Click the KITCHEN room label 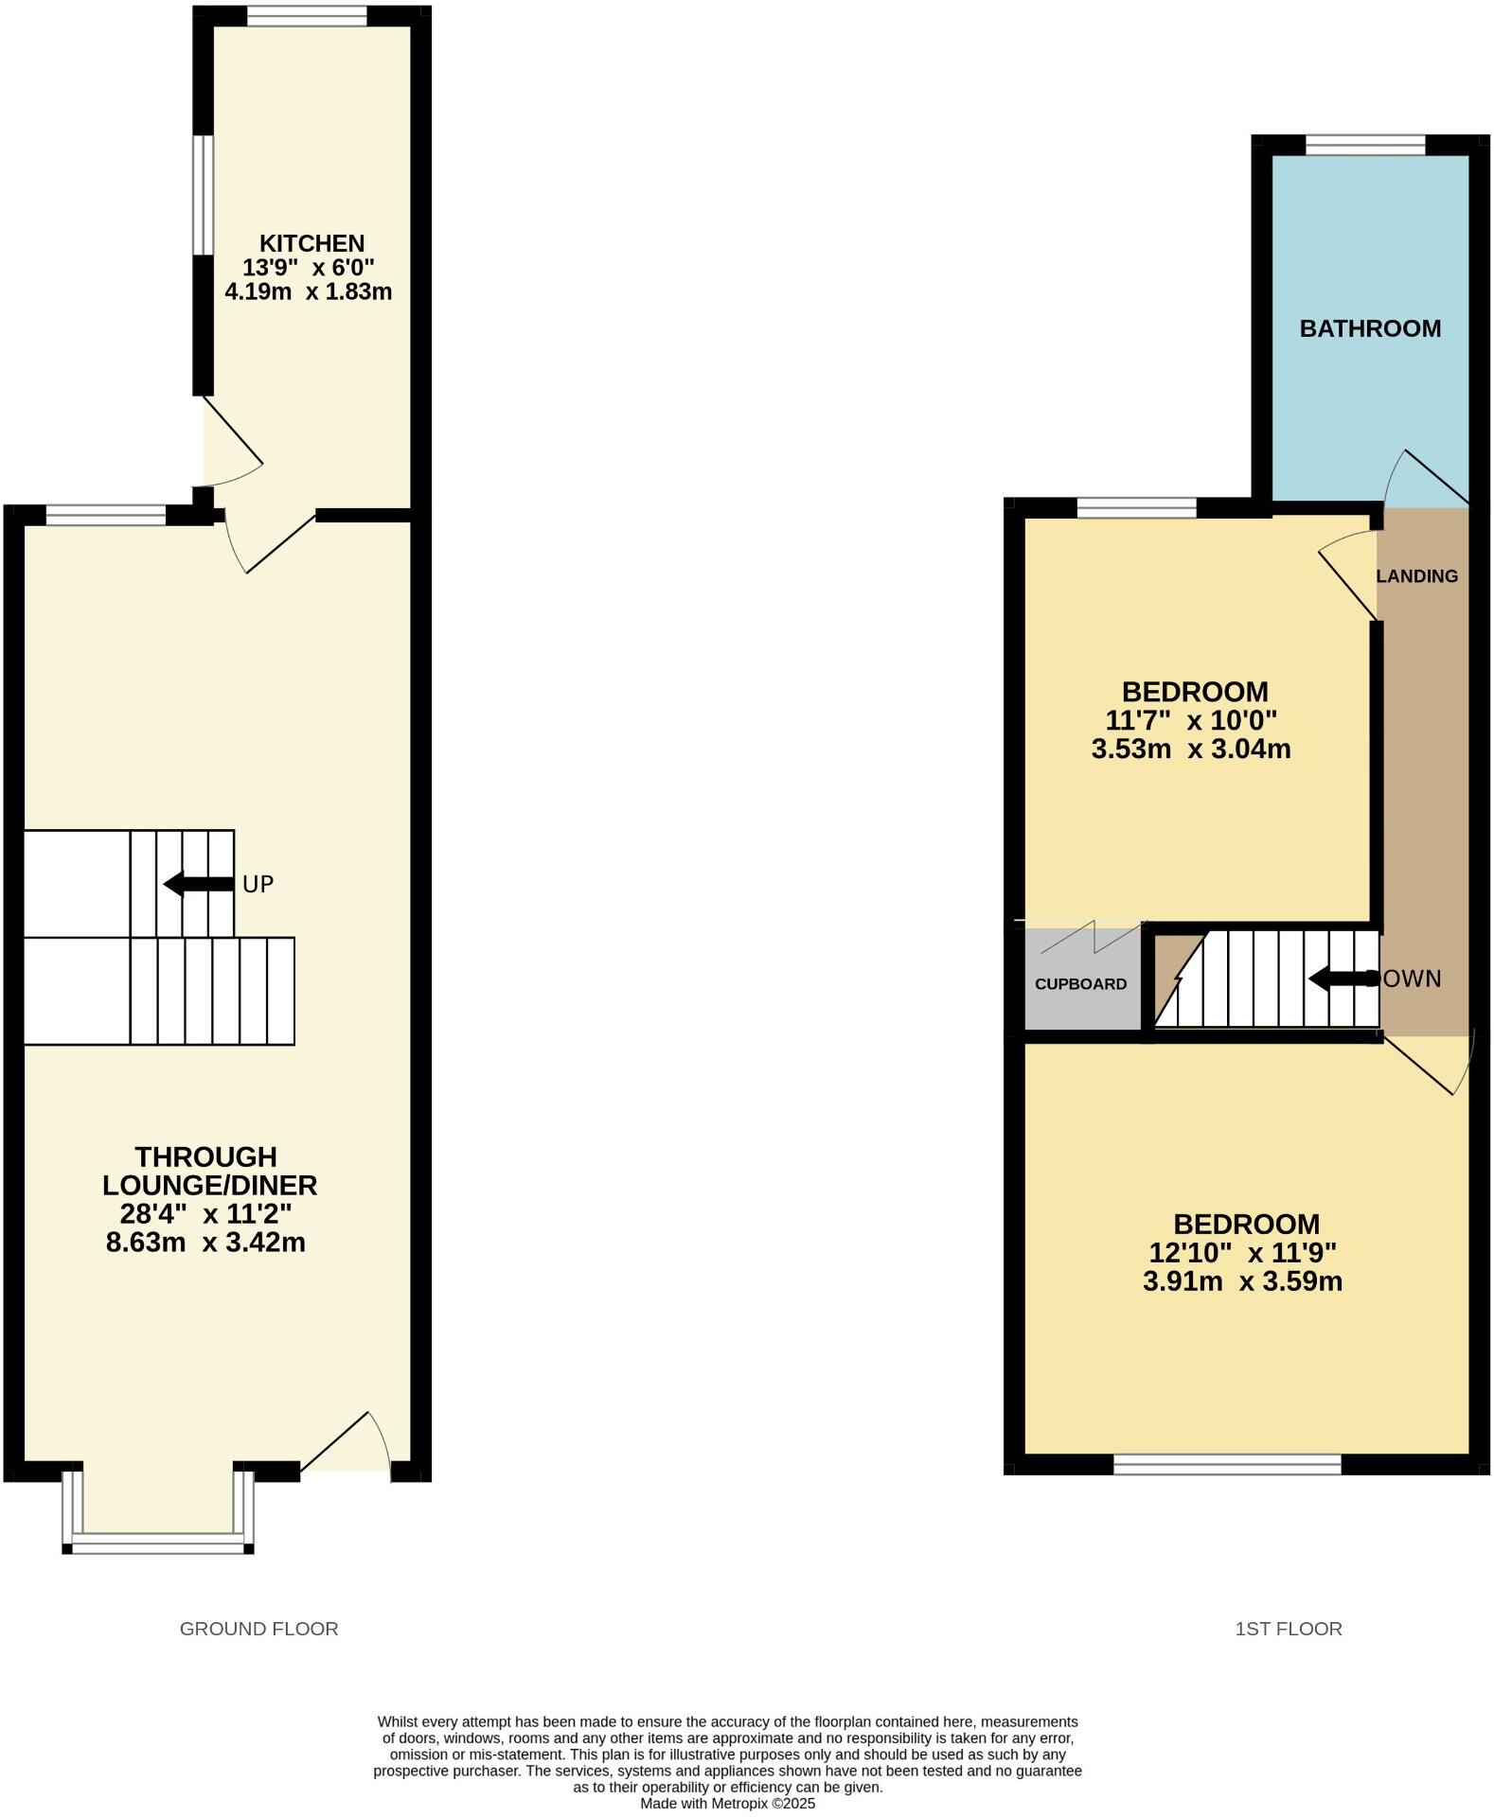pos(311,243)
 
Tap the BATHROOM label pos(1369,328)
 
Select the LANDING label pos(1416,575)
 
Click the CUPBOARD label pos(1080,984)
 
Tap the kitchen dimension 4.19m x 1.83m pos(308,291)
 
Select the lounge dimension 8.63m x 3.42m pos(205,1242)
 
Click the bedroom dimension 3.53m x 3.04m pos(1191,750)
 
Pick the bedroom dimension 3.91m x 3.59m pos(1242,1281)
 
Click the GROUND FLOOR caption pos(258,1629)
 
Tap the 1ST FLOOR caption pos(1288,1629)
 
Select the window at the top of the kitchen pos(307,15)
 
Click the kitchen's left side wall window pos(203,195)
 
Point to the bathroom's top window pos(1364,145)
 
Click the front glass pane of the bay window pos(158,1547)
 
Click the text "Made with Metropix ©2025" pos(727,1804)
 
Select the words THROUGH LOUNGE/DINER pos(209,1171)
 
